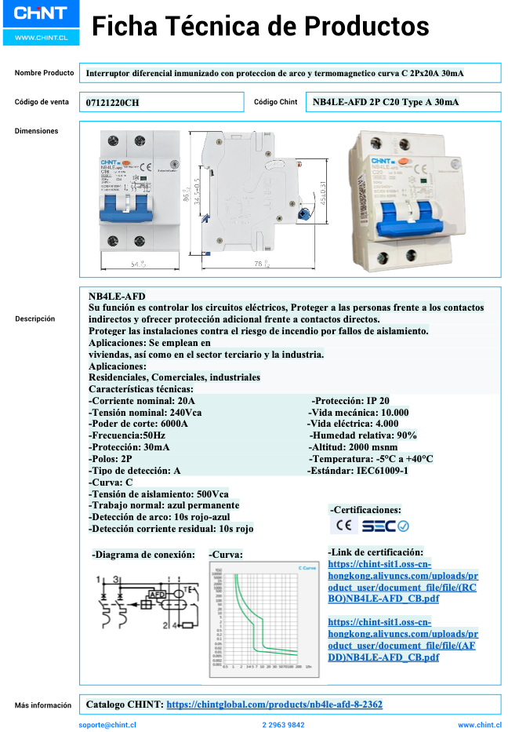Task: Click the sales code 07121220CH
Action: point(113,103)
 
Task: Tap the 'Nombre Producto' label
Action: point(44,73)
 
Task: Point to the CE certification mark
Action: point(343,526)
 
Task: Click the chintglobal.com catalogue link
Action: point(274,705)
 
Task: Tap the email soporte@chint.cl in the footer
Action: point(107,726)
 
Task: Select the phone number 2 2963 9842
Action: point(283,726)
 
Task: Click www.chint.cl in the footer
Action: point(480,726)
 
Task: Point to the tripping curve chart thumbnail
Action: point(263,620)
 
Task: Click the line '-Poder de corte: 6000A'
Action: point(138,424)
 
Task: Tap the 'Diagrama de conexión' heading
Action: point(143,555)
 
